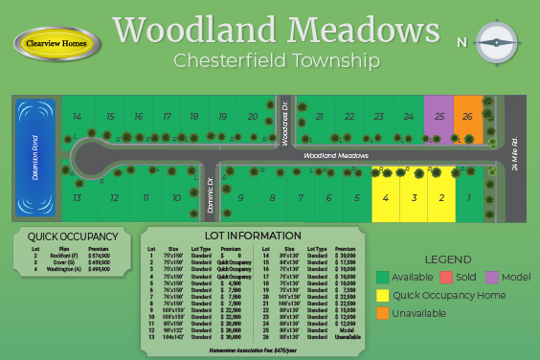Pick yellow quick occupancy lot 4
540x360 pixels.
pyautogui.click(x=385, y=197)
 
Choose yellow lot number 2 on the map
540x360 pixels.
pyautogui.click(x=441, y=197)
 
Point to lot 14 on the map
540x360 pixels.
pyautogui.click(x=78, y=117)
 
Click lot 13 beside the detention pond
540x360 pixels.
pyautogui.click(x=76, y=197)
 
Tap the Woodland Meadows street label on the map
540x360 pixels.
pyautogui.click(x=336, y=154)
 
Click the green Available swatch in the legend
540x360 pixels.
pyautogui.click(x=383, y=278)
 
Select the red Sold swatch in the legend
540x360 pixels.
pyautogui.click(x=446, y=278)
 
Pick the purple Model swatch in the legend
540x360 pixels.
pyautogui.click(x=493, y=278)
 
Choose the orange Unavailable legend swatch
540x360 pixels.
pyautogui.click(x=383, y=312)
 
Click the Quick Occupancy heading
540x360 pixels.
pyautogui.click(x=72, y=236)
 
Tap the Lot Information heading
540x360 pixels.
pyautogui.click(x=253, y=236)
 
